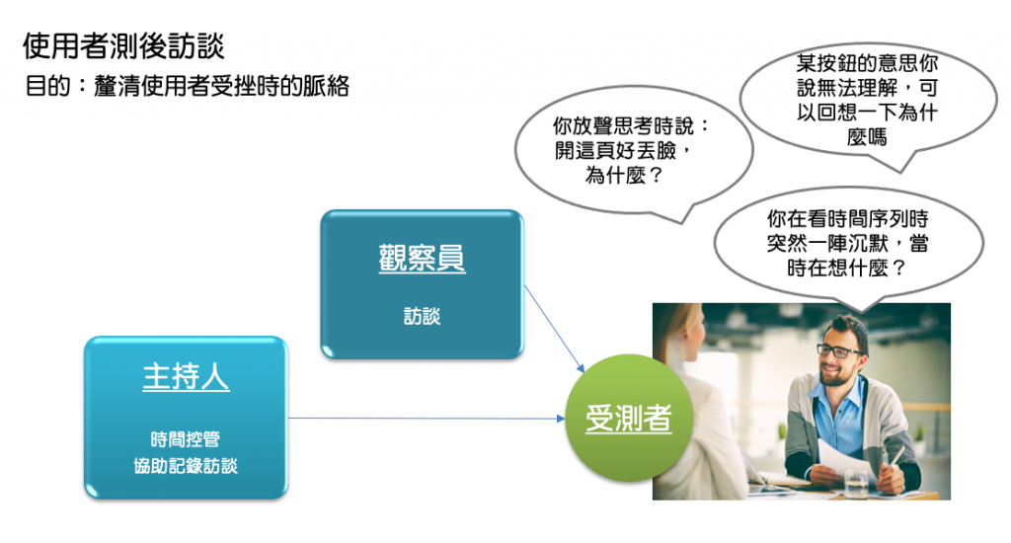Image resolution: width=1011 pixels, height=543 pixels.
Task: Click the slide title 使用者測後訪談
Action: [123, 45]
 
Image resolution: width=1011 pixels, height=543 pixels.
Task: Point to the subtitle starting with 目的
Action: [187, 85]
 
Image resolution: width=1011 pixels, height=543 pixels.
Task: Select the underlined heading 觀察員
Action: [422, 258]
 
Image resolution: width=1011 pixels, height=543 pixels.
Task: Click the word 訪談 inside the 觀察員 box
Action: [422, 315]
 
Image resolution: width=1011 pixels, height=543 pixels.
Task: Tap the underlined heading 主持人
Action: [186, 376]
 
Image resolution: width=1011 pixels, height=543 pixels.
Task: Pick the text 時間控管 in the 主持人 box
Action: [186, 439]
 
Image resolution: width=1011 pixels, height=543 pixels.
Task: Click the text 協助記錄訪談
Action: [186, 466]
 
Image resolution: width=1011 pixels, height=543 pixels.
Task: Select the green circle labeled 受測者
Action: [629, 418]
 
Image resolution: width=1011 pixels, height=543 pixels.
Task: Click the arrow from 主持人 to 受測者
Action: [427, 419]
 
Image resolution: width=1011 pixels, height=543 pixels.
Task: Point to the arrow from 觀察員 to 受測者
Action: [555, 329]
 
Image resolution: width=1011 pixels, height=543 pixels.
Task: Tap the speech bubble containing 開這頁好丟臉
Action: [634, 153]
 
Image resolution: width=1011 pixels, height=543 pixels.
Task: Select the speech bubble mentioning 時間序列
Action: [848, 245]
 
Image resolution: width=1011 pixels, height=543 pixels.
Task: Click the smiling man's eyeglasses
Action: [839, 350]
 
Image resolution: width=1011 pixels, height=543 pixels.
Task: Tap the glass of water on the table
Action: [856, 484]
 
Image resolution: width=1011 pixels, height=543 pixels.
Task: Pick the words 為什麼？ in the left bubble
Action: [624, 176]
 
